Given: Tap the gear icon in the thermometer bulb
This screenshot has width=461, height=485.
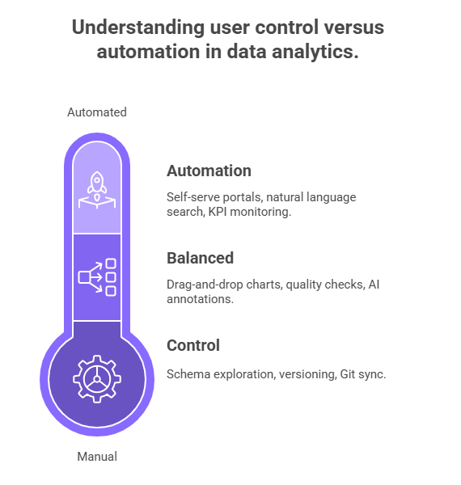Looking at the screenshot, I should click(x=97, y=378).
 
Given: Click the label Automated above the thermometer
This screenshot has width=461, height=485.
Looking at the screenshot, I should click(x=97, y=112).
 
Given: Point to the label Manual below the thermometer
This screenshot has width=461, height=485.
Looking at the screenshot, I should click(x=97, y=457).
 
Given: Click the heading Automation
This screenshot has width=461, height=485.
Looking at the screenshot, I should click(x=209, y=171).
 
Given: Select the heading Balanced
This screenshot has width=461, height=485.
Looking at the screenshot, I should click(x=200, y=258).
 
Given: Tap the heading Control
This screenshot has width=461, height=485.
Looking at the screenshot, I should click(x=192, y=345).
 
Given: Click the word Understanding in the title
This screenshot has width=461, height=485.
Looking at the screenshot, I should click(x=122, y=28).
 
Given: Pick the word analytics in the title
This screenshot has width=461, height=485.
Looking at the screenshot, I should click(x=318, y=52).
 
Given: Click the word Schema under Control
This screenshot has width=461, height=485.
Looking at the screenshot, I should click(x=187, y=373).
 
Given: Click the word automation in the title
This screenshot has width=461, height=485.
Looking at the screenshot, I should click(x=142, y=52).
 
